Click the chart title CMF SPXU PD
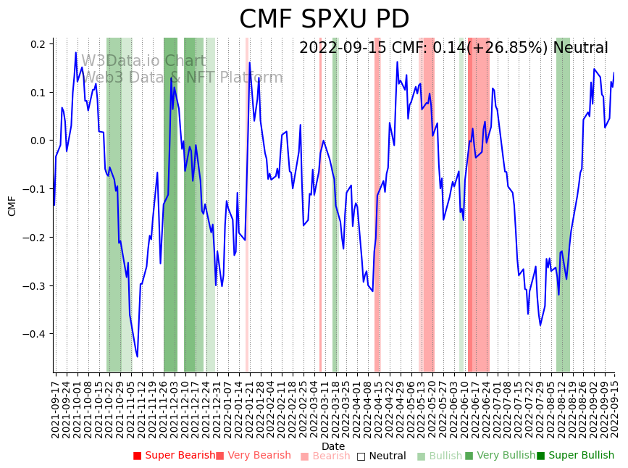[324, 19]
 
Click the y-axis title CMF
[12, 206]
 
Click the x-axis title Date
[333, 446]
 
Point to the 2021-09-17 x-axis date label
[56, 406]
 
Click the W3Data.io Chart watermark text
[143, 62]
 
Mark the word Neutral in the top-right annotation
[580, 49]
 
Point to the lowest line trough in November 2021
[137, 356]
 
